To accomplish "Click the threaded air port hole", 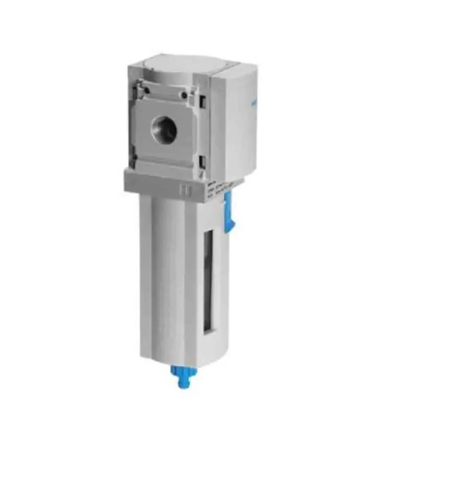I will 164,130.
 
